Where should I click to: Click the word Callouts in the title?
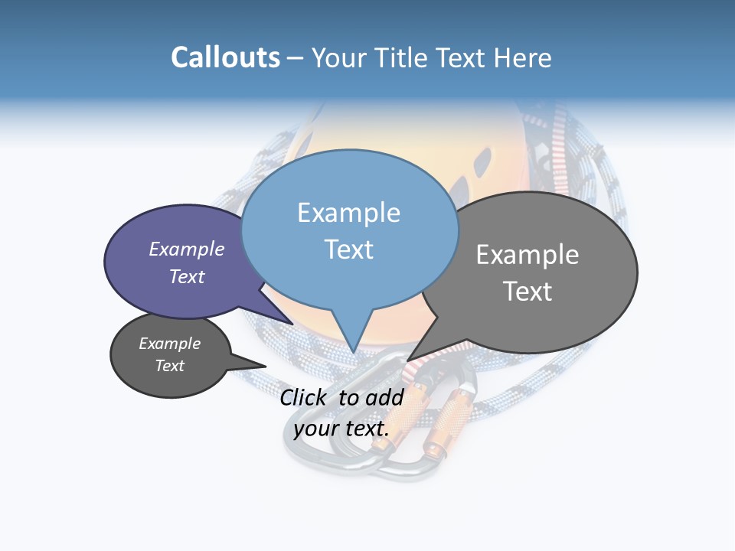pos(226,57)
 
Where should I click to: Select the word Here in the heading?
pos(523,57)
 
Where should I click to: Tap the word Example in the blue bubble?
pos(348,213)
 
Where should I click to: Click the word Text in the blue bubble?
pos(348,249)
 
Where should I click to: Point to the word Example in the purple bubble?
pos(187,249)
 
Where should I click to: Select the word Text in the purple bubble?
pos(187,276)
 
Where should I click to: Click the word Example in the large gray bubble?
pos(528,255)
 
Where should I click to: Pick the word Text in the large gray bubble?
pos(528,292)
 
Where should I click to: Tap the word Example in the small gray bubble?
pos(170,344)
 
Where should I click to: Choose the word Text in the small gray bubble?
pos(170,366)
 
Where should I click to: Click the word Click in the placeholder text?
pos(305,397)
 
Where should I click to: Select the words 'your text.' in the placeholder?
pos(341,429)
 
